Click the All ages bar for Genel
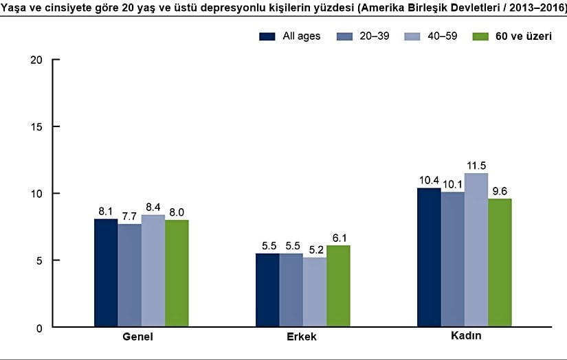click(106, 273)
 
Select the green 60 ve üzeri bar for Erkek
click(338, 286)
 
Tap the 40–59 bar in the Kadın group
click(476, 251)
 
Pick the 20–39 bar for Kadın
click(453, 260)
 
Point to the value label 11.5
click(476, 166)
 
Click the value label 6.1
click(338, 238)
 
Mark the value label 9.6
click(500, 192)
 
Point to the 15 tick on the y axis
click(37, 126)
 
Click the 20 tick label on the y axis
click(37, 60)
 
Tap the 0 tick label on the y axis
click(41, 328)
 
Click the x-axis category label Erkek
click(302, 338)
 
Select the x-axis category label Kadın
click(465, 337)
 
